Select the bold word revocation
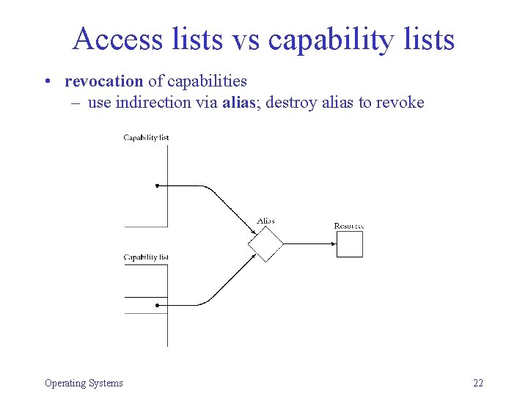point(103,81)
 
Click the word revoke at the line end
point(400,102)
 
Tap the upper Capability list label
point(146,137)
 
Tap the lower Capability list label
point(146,257)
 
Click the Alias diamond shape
point(265,243)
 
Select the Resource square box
point(350,244)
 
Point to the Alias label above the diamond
point(265,221)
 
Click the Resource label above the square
point(349,226)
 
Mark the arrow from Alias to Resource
point(308,243)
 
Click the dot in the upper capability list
point(158,186)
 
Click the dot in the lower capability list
point(158,305)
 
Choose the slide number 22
point(478,383)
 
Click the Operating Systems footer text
point(84,383)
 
